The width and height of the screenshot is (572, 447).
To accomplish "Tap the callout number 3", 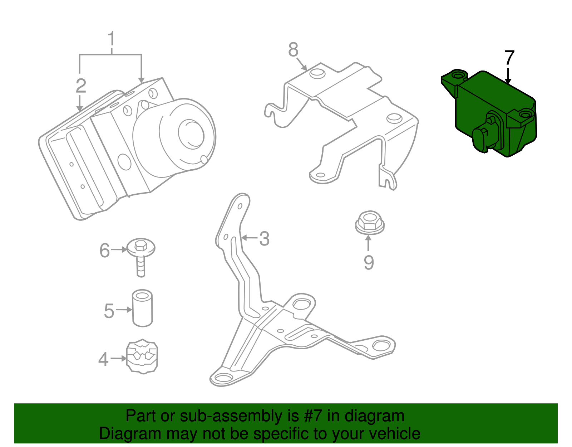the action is pyautogui.click(x=264, y=239).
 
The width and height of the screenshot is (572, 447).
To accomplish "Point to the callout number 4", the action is pyautogui.click(x=103, y=359).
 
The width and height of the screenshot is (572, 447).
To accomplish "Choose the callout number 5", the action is pyautogui.click(x=109, y=311).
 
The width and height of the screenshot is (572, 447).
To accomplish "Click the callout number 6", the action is pyautogui.click(x=104, y=250).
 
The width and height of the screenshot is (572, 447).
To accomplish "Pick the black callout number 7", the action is pyautogui.click(x=509, y=58).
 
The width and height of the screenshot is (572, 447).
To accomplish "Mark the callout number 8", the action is pyautogui.click(x=293, y=49).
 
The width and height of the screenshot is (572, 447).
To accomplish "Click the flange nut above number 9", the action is pyautogui.click(x=370, y=222).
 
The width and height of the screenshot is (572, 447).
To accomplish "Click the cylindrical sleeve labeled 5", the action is pyautogui.click(x=142, y=308).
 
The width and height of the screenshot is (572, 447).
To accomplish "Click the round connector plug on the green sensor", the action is pyautogui.click(x=482, y=137).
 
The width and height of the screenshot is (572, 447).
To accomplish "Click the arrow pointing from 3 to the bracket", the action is pyautogui.click(x=249, y=238).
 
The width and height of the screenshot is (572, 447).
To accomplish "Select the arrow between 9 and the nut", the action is pyautogui.click(x=368, y=243).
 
